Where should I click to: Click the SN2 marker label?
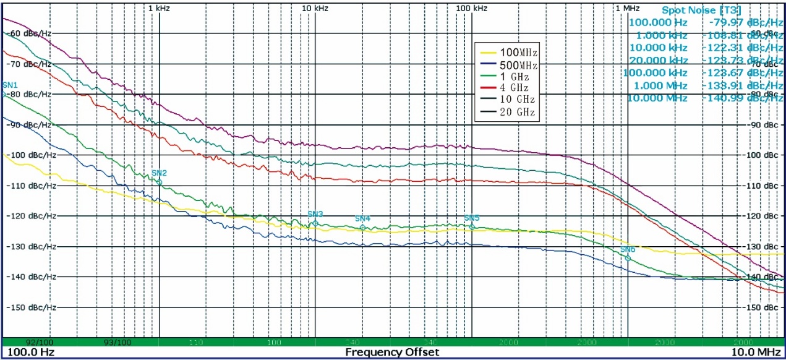pyautogui.click(x=159, y=173)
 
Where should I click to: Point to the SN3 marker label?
pyautogui.click(x=315, y=214)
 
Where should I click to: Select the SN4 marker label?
pyautogui.click(x=362, y=218)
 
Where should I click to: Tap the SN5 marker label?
pyautogui.click(x=472, y=218)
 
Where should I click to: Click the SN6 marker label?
pyautogui.click(x=628, y=249)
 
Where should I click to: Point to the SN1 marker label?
pyautogui.click(x=11, y=85)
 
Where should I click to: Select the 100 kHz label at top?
pyautogui.click(x=471, y=9)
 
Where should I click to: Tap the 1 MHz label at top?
pyautogui.click(x=627, y=9)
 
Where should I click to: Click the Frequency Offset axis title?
pyautogui.click(x=392, y=352)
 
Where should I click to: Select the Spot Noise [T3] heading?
pyautogui.click(x=701, y=10)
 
